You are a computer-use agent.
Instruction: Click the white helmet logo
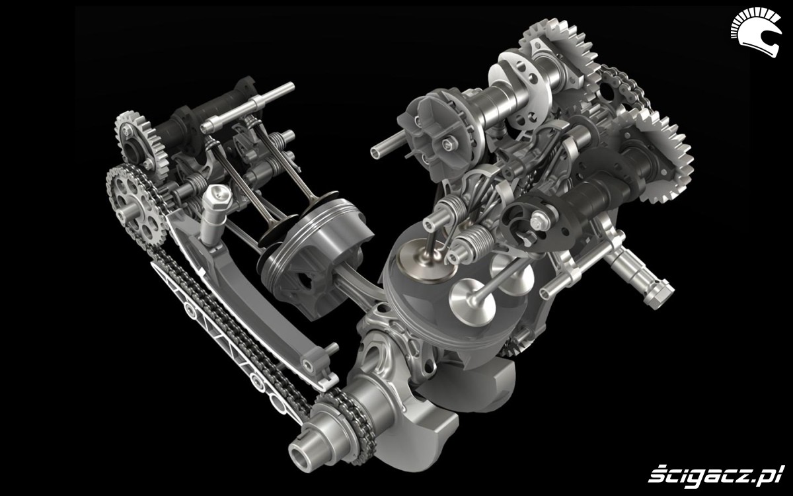[755, 32]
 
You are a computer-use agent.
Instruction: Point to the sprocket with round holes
[136, 206]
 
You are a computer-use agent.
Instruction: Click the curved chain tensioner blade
[248, 294]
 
